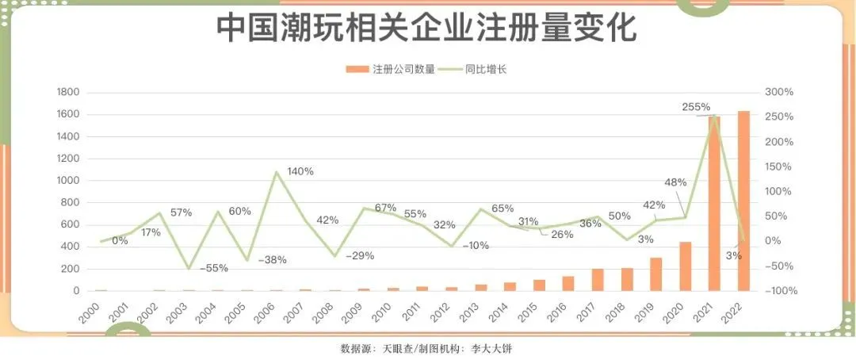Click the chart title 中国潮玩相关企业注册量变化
pos(427,29)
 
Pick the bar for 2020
pos(685,266)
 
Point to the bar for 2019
pos(655,274)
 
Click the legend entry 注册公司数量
pos(396,69)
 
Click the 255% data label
pos(696,107)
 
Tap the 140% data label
pos(300,171)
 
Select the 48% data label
pos(674,182)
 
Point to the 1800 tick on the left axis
pos(69,93)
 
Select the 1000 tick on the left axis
pos(69,181)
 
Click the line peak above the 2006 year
pos(276,171)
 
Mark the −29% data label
pos(360,256)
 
